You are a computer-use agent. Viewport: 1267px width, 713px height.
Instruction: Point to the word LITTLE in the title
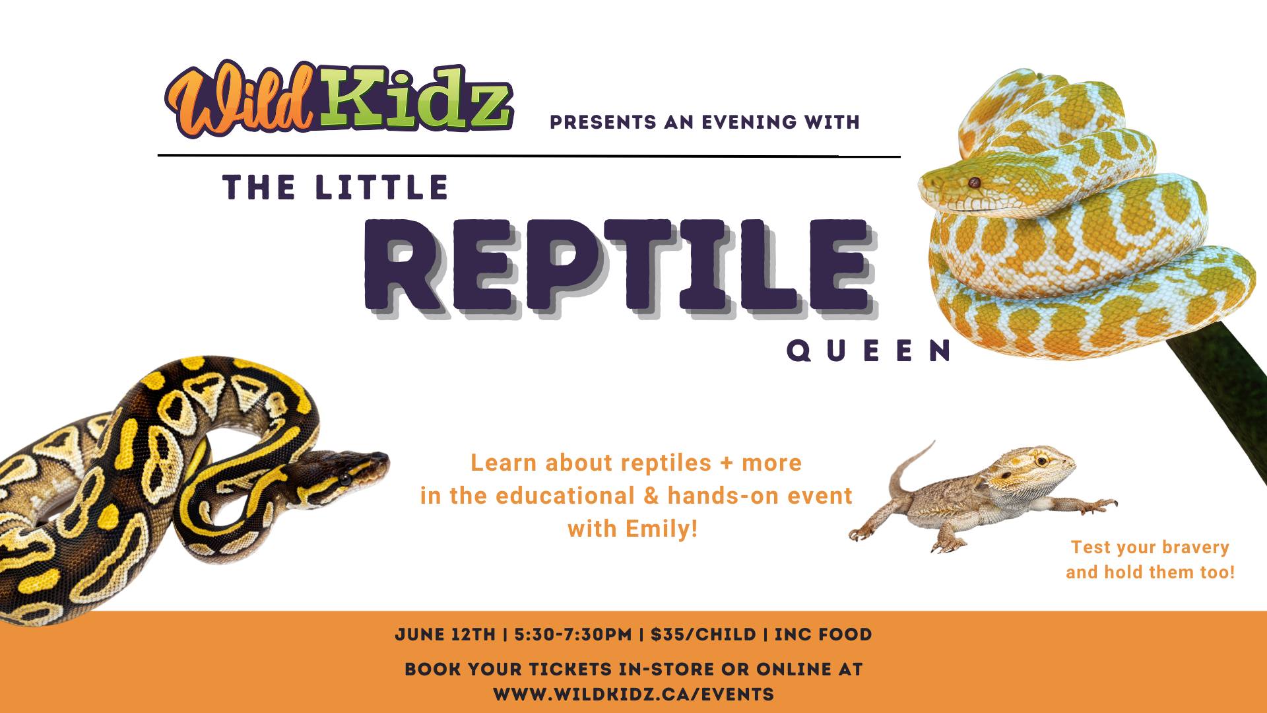coord(382,187)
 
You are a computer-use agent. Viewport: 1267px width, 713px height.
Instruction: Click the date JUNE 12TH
coord(445,634)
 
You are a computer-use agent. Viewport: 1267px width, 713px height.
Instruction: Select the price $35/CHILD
coord(703,634)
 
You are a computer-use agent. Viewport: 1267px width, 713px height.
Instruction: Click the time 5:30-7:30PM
coord(573,634)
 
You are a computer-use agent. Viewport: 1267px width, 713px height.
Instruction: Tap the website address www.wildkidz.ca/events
coord(633,695)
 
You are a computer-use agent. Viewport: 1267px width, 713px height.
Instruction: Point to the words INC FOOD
coord(823,634)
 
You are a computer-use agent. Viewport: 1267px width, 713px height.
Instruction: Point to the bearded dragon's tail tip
coord(934,442)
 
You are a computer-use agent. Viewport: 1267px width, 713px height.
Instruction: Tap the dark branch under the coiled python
coord(1221,396)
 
